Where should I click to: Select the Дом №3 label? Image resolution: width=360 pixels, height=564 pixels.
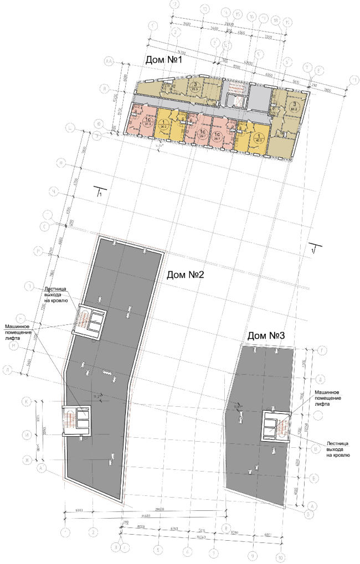click(x=266, y=335)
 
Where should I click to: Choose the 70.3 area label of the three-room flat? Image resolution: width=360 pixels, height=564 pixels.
click(x=195, y=88)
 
